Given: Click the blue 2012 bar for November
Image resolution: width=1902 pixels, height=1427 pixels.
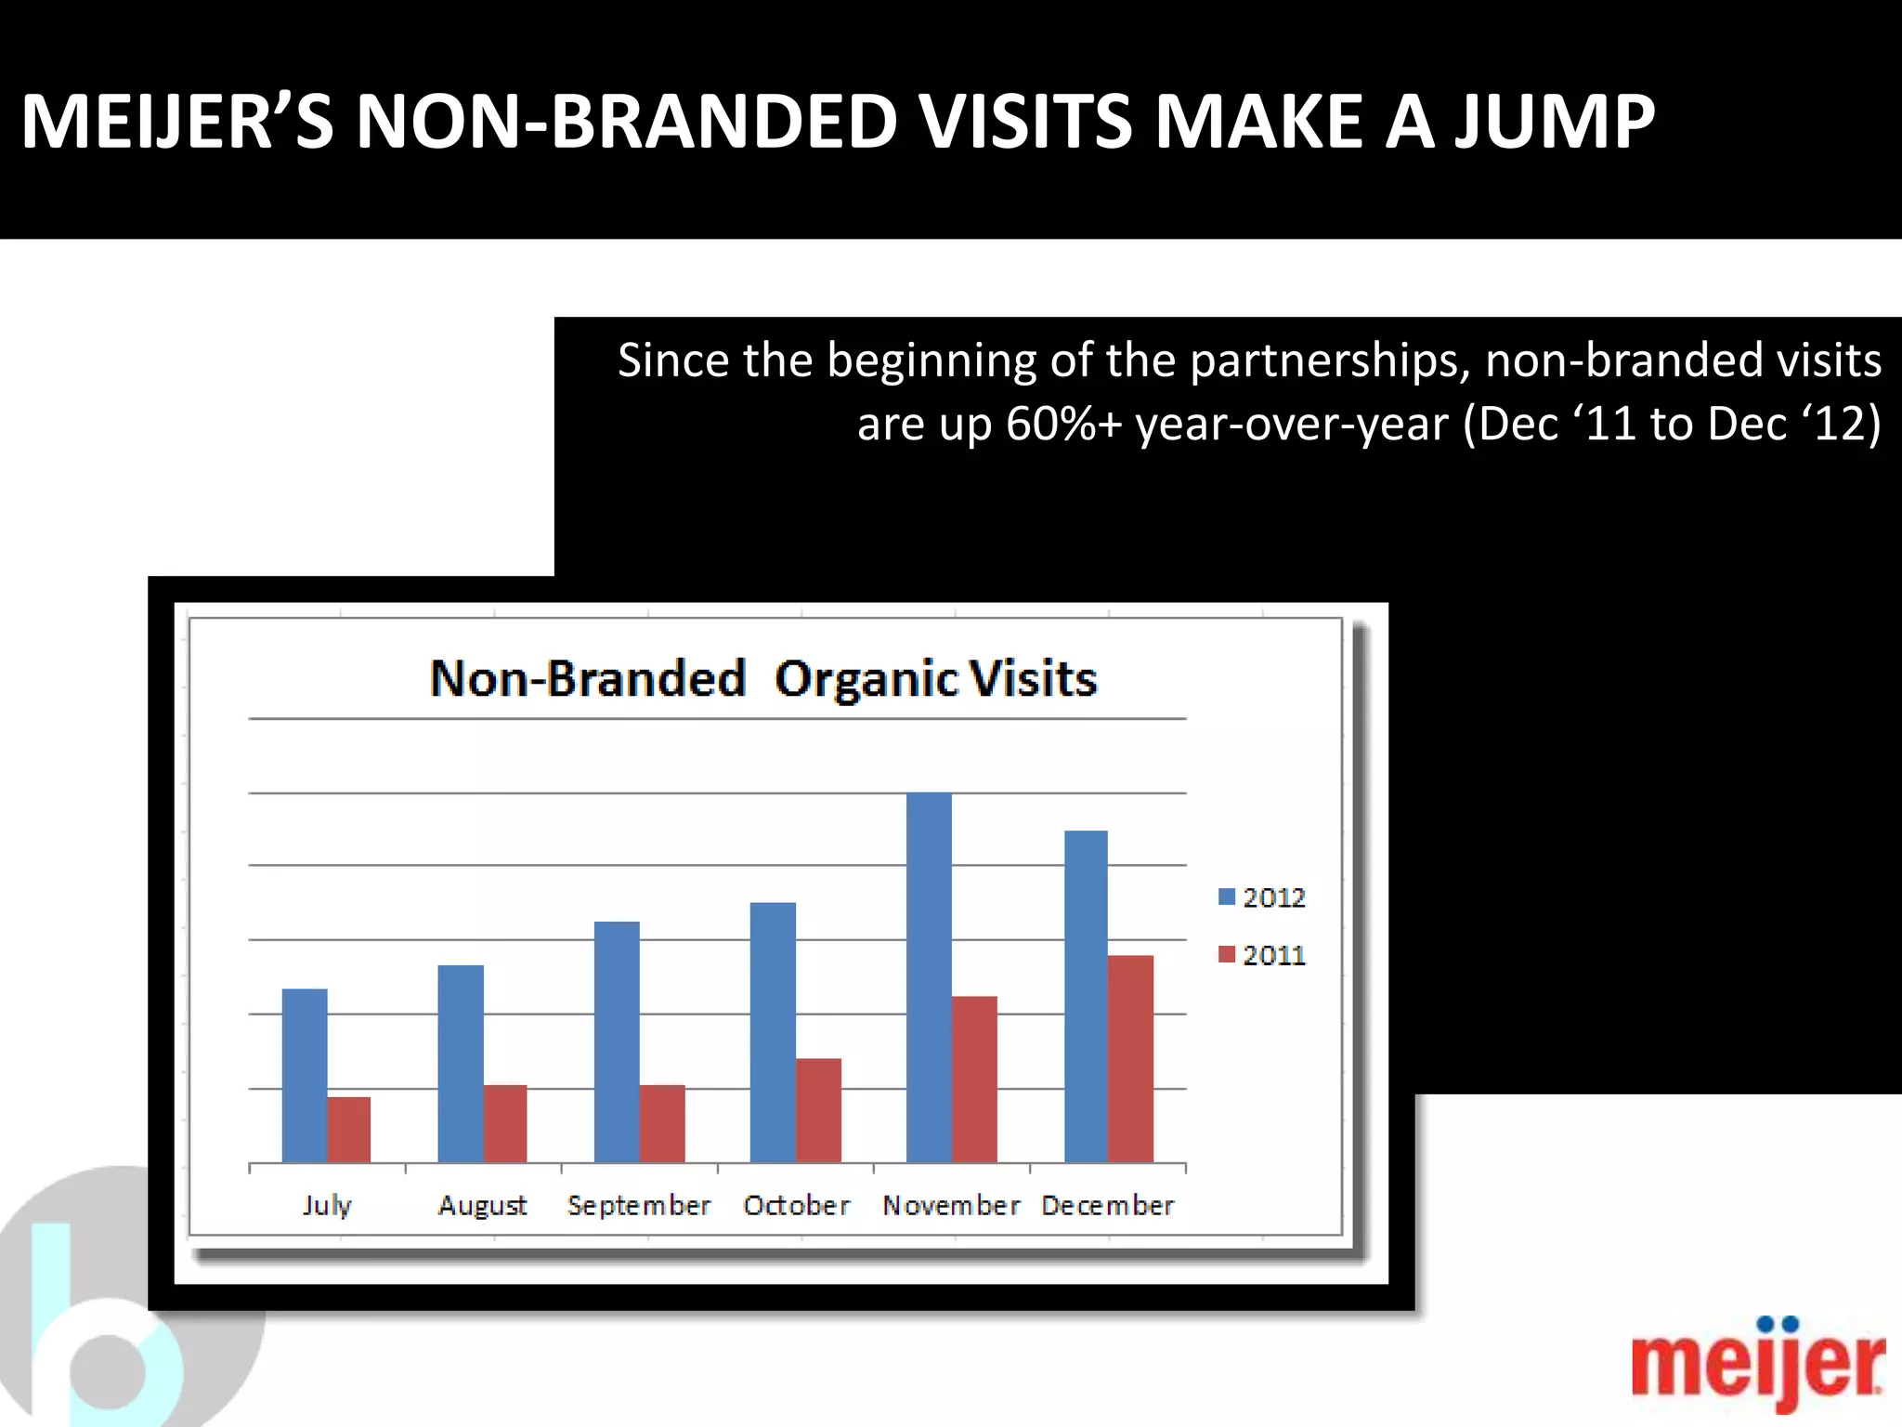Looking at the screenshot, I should point(929,975).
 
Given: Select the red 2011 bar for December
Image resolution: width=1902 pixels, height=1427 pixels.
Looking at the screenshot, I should point(1130,1059).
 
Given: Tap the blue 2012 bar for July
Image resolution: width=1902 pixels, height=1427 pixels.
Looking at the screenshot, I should point(305,1075).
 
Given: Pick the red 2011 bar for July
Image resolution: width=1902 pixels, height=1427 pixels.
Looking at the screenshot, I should point(349,1129).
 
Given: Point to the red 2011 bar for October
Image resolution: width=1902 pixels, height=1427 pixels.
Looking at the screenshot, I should point(818,1110).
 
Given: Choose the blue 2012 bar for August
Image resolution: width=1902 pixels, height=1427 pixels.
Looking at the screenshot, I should point(461,1064).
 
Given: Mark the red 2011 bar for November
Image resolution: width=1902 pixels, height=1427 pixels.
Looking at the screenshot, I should point(974,1079).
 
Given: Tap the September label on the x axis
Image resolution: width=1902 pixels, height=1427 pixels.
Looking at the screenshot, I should point(639,1205).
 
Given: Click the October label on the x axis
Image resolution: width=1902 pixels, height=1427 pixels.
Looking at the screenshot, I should point(796,1205).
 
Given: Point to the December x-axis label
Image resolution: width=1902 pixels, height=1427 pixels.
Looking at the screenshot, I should point(1107,1205).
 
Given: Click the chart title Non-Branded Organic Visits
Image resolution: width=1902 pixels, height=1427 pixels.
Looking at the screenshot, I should point(762,678).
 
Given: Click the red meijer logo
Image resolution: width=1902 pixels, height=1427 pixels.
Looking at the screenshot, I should point(1757,1364).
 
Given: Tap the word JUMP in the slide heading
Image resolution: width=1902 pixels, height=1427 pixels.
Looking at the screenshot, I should point(1554,122).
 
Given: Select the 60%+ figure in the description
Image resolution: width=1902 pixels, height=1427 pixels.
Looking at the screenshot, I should point(1063,424).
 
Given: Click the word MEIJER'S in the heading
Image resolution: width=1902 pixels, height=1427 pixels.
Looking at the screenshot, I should point(176,122).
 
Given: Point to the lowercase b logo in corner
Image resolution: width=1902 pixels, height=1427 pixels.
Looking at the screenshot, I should point(102,1338).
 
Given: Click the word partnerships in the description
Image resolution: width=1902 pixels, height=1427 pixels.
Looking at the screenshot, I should point(1329,360).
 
